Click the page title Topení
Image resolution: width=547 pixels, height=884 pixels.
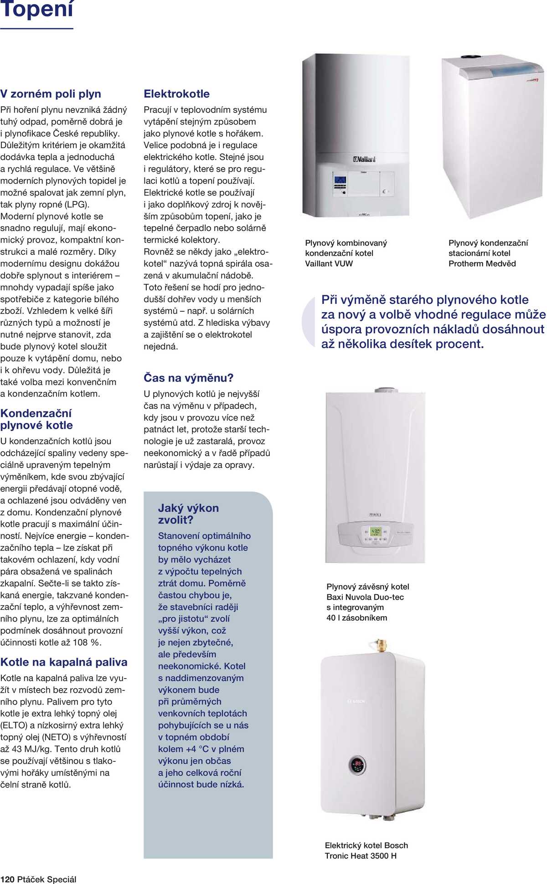pyautogui.click(x=36, y=9)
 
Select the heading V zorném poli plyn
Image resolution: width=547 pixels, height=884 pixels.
pyautogui.click(x=51, y=94)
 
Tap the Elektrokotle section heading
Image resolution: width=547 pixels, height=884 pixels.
pyautogui.click(x=176, y=94)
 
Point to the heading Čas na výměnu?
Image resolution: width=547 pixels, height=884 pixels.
pyautogui.click(x=188, y=378)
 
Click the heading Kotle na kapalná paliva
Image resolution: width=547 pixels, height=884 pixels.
pyautogui.click(x=64, y=662)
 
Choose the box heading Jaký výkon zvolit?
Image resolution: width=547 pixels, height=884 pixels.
pyautogui.click(x=188, y=514)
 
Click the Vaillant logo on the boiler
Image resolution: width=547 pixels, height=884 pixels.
pyautogui.click(x=364, y=159)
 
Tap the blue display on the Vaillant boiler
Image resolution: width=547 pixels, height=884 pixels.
pyautogui.click(x=340, y=180)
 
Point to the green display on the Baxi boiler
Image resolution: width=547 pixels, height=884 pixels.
pyautogui.click(x=375, y=532)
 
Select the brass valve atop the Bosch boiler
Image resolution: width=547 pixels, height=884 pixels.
pyautogui.click(x=378, y=645)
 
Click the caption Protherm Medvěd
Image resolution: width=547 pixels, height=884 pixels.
pyautogui.click(x=482, y=263)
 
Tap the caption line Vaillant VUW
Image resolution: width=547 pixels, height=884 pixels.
pyautogui.click(x=329, y=263)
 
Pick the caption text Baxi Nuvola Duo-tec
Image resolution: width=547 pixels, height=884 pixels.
pyautogui.click(x=365, y=597)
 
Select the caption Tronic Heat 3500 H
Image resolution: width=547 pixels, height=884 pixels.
pyautogui.click(x=361, y=856)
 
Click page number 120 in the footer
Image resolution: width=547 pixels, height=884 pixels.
pyautogui.click(x=7, y=879)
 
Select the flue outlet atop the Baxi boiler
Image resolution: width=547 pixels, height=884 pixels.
pyautogui.click(x=386, y=390)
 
